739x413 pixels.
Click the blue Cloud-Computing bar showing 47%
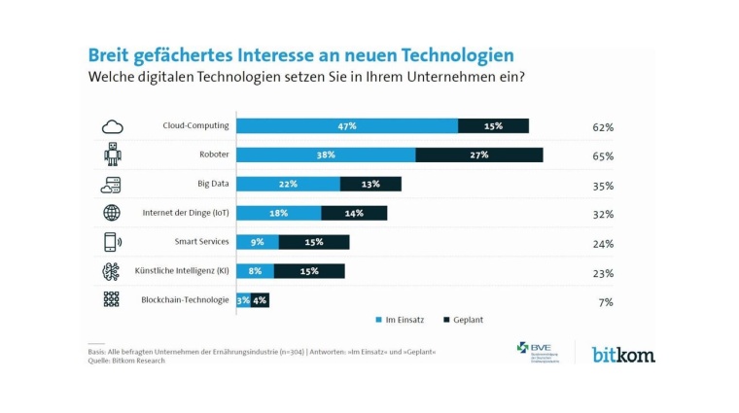click(347, 126)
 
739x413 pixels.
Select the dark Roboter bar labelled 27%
click(478, 155)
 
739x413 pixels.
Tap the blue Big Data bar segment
click(288, 184)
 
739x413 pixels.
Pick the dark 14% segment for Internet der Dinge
click(354, 213)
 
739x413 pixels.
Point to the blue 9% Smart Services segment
click(257, 242)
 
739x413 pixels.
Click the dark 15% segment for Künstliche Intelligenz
click(309, 271)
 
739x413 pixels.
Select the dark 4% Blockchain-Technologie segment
click(260, 300)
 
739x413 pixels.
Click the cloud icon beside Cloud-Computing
click(112, 126)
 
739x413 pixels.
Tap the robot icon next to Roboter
click(112, 155)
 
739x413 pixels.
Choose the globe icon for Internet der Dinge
click(112, 213)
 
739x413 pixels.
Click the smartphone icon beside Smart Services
click(112, 242)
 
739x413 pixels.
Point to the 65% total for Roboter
click(603, 156)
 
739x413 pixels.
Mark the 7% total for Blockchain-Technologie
click(606, 302)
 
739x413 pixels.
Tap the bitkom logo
click(623, 355)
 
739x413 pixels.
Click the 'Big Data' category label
click(211, 184)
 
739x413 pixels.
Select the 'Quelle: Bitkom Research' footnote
click(123, 361)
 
